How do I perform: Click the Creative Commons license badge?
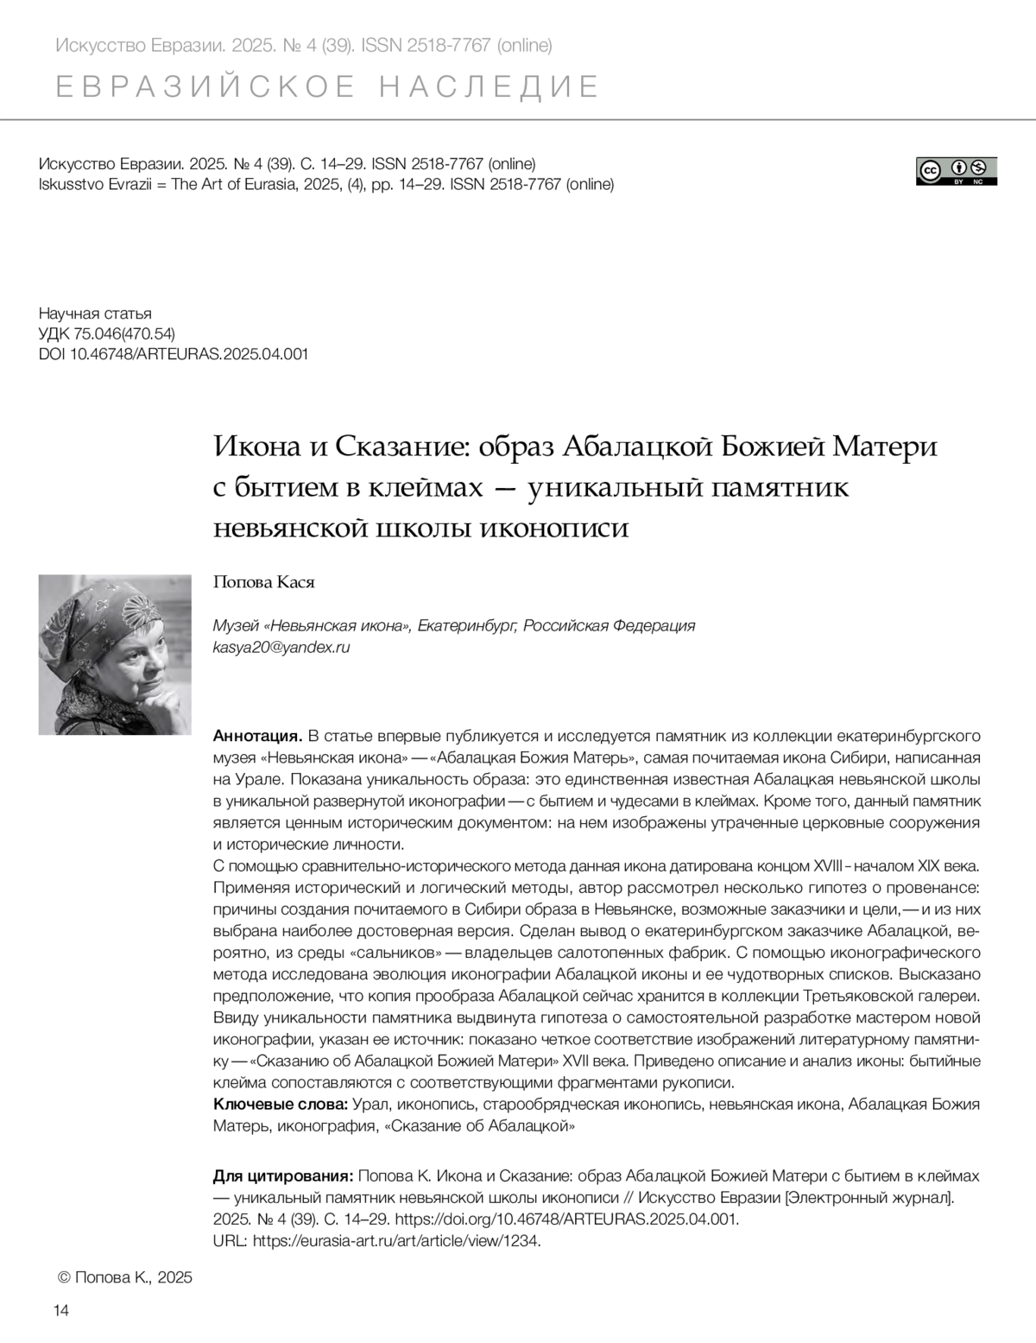coord(956,171)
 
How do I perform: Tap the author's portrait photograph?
coord(115,654)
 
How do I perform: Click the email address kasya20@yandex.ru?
coord(281,647)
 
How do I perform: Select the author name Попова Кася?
coord(263,582)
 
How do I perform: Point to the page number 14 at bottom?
coord(61,1311)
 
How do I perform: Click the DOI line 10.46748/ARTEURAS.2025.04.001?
coord(174,354)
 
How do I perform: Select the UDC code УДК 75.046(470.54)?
coord(107,333)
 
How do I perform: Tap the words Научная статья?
coord(95,313)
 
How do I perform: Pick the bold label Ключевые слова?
coord(281,1105)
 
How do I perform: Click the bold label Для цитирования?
coord(282,1176)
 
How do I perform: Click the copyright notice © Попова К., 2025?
coord(124,1277)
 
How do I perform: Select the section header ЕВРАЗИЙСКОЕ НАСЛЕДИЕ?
coord(327,87)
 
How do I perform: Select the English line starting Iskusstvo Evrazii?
coord(326,184)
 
